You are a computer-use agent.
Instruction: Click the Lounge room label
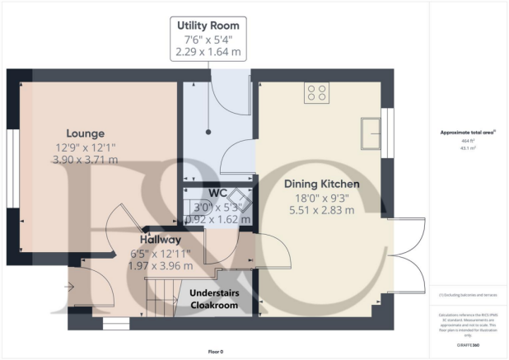pyautogui.click(x=86, y=133)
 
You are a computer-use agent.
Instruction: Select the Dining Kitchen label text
pyautogui.click(x=321, y=184)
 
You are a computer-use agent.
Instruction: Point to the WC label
pyautogui.click(x=217, y=193)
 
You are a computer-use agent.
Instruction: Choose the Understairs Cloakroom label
pyautogui.click(x=214, y=299)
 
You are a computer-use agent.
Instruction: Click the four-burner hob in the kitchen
pyautogui.click(x=317, y=93)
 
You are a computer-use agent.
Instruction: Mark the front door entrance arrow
pyautogui.click(x=71, y=287)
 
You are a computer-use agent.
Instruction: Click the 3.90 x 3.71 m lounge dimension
pyautogui.click(x=86, y=160)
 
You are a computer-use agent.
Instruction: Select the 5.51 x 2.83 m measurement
pyautogui.click(x=321, y=211)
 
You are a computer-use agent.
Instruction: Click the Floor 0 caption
pyautogui.click(x=215, y=351)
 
